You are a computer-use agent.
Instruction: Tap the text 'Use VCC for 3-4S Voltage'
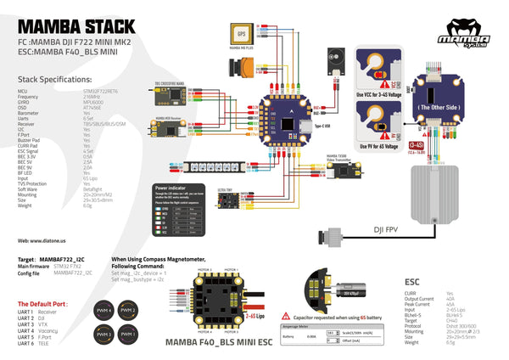(378, 94)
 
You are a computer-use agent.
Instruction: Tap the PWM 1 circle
(126, 335)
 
